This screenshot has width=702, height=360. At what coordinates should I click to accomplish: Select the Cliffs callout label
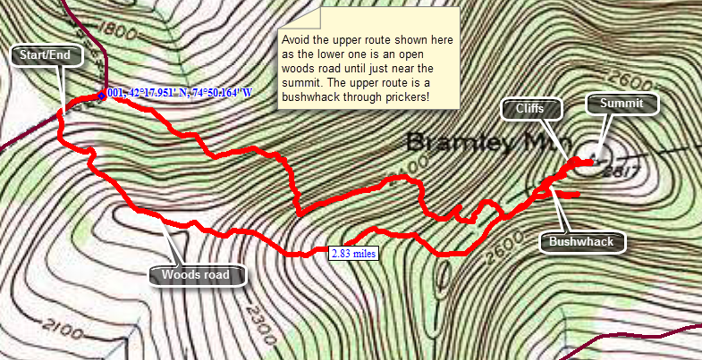pyautogui.click(x=529, y=110)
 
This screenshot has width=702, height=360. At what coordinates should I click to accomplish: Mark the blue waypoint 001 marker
pyautogui.click(x=102, y=96)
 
